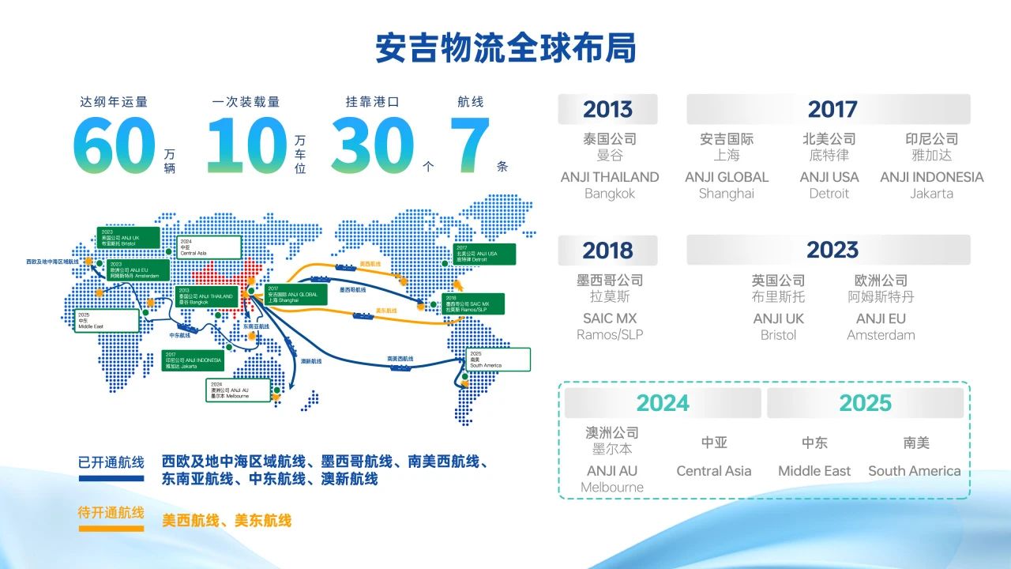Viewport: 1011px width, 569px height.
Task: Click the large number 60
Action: (x=115, y=146)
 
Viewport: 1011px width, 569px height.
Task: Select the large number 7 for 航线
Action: (x=469, y=146)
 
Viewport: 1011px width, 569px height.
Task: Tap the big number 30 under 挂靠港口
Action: (x=372, y=146)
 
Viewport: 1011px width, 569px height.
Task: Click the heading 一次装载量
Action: (x=246, y=102)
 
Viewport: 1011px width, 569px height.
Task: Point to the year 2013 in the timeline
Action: (x=607, y=109)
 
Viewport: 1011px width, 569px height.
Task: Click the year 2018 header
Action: (x=607, y=251)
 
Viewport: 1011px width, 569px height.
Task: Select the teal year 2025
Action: (x=865, y=403)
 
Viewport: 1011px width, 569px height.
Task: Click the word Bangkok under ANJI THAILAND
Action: (x=609, y=194)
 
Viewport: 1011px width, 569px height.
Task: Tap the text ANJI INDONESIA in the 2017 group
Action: (x=931, y=177)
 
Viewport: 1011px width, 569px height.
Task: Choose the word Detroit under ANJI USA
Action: (x=829, y=194)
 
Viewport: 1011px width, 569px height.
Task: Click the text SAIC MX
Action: (x=609, y=318)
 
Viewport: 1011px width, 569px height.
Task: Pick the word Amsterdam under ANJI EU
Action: (x=881, y=335)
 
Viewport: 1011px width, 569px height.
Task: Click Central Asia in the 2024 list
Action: (x=713, y=471)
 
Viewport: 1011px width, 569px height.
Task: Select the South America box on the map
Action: (x=498, y=360)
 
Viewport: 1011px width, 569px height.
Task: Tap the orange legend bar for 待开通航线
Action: (x=111, y=528)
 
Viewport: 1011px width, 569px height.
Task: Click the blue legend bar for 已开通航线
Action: (x=111, y=478)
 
